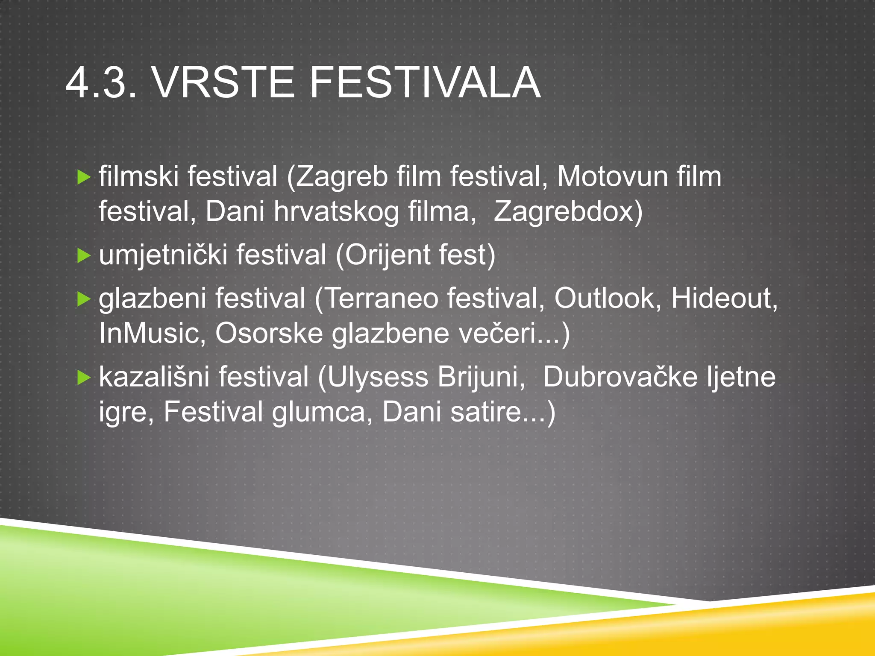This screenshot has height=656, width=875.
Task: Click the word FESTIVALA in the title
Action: coord(425,82)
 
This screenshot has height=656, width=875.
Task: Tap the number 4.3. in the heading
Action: coord(102,82)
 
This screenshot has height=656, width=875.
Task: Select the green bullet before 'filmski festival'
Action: coord(84,177)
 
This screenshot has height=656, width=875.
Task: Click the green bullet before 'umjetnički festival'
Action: coord(84,255)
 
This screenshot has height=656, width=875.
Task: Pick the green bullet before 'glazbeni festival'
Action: coord(84,299)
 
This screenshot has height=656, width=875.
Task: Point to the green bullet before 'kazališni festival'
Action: coord(84,378)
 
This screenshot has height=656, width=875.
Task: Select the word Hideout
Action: coord(721,299)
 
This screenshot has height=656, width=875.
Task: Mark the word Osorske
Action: coord(269,334)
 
